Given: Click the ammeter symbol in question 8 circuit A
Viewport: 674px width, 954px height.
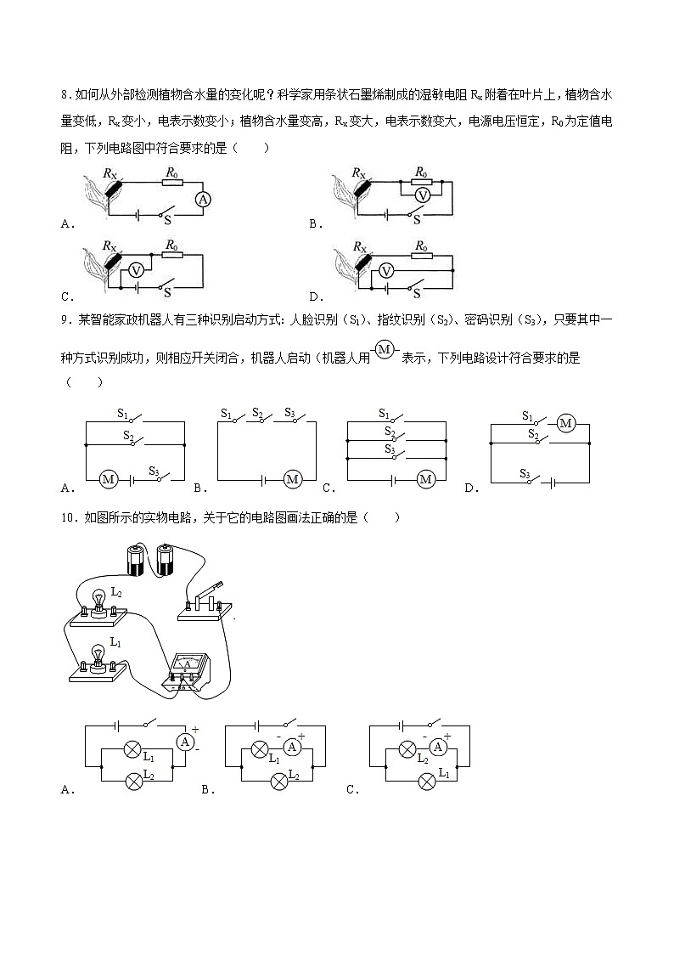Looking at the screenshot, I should (202, 199).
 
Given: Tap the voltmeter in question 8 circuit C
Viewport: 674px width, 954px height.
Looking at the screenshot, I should (135, 271).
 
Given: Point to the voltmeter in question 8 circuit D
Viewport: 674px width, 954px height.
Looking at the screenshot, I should (386, 271).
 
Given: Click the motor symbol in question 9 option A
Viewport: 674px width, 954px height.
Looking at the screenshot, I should (109, 480).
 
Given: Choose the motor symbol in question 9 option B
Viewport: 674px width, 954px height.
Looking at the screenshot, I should (293, 480).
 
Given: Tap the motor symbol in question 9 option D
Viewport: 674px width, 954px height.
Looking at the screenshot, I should (565, 423).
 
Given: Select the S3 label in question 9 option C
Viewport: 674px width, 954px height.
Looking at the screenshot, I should (390, 449).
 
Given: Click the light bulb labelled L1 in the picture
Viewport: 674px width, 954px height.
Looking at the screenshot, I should (97, 655).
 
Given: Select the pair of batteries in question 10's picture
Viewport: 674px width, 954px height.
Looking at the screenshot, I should (149, 559).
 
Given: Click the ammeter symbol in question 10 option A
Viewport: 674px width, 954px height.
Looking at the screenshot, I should (185, 741).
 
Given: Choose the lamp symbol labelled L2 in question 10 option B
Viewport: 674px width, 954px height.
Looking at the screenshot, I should (278, 782).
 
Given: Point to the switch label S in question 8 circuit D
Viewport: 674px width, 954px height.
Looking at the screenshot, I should (416, 293).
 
